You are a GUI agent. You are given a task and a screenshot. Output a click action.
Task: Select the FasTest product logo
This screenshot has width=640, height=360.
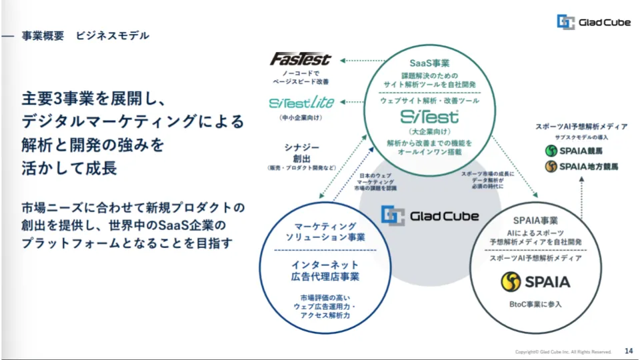(x=300, y=60)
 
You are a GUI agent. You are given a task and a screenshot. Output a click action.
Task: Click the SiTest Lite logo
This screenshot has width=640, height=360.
(x=301, y=103)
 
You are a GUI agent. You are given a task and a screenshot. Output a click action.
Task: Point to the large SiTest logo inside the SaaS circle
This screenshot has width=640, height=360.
(x=429, y=117)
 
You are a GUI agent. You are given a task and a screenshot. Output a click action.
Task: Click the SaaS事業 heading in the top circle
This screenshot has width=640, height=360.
(x=429, y=63)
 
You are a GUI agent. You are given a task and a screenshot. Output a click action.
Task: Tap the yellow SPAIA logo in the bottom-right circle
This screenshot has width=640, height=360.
(x=535, y=281)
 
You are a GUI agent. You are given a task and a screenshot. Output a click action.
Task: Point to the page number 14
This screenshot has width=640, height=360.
(x=628, y=351)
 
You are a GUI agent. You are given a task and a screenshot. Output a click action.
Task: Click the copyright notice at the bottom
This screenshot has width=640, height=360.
(x=563, y=351)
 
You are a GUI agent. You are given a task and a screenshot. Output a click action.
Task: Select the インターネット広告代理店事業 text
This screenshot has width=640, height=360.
(x=326, y=271)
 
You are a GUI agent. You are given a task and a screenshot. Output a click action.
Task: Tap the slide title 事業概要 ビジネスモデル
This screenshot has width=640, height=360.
(x=85, y=35)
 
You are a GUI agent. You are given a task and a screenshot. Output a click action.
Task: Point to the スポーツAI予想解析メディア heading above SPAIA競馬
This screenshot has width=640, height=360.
(x=581, y=126)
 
